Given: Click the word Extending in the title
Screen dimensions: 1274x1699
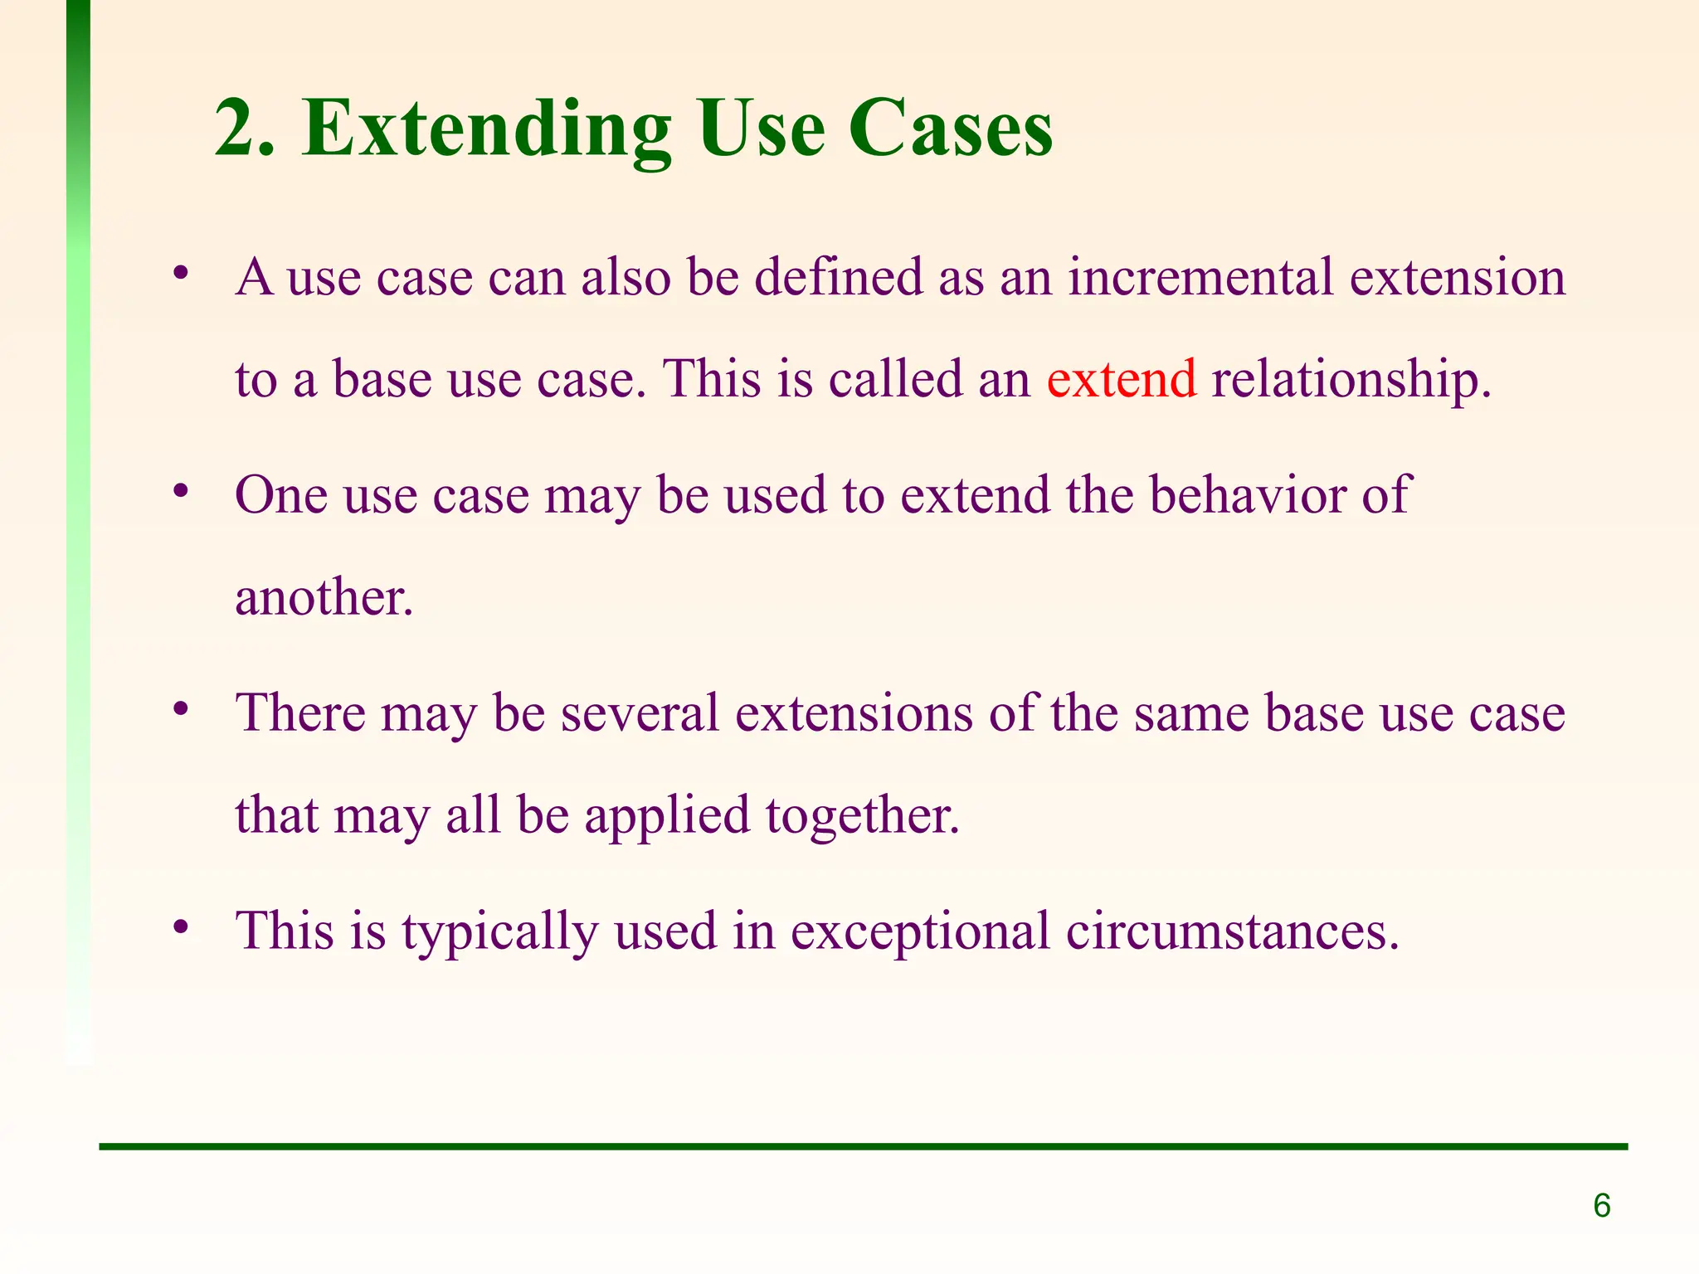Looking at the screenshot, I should (x=485, y=130).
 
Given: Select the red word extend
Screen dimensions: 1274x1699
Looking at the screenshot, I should (x=1121, y=379).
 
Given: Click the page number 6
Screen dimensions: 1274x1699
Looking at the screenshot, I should (x=1601, y=1205).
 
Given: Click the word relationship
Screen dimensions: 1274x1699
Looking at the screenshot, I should (x=1350, y=381).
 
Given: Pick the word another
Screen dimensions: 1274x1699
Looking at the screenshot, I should (x=323, y=597).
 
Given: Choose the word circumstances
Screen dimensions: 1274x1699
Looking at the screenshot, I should (x=1232, y=931).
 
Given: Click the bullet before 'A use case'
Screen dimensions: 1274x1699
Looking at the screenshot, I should (x=182, y=273).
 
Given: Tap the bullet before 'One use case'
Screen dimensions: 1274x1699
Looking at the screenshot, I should (x=182, y=491).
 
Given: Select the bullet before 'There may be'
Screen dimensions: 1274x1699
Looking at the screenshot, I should (x=182, y=709).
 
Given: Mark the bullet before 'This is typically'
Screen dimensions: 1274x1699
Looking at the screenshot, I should (x=182, y=926).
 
